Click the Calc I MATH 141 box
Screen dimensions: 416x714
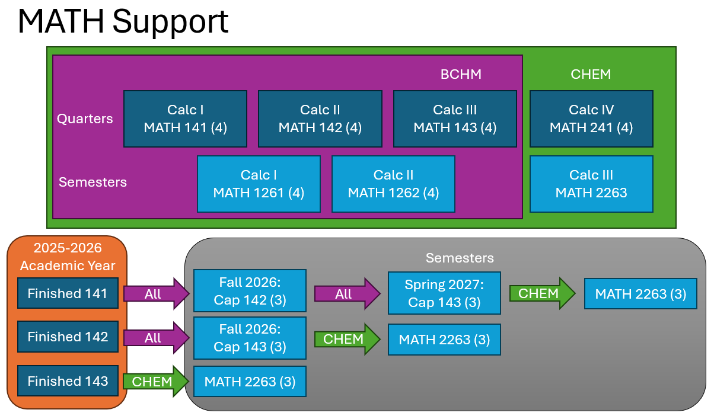(x=185, y=119)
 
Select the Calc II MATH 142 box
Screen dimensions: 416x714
(x=320, y=119)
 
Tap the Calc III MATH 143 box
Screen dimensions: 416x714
(x=455, y=119)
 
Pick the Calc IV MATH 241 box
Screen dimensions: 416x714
(x=591, y=119)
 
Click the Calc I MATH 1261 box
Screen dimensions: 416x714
(x=259, y=184)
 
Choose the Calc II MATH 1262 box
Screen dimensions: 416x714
(x=393, y=184)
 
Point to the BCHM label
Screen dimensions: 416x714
(x=461, y=74)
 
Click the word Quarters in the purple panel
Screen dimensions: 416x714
(x=85, y=119)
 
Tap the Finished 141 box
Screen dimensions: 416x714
(x=68, y=293)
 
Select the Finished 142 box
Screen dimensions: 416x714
(x=68, y=337)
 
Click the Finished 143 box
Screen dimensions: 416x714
(x=68, y=381)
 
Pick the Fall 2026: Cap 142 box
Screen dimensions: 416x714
(x=250, y=291)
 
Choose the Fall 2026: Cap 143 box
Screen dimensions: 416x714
(x=250, y=338)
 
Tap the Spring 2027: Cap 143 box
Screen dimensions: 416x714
(x=444, y=293)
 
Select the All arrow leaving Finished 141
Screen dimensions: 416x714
(x=155, y=293)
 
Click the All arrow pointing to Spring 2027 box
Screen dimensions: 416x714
(x=346, y=293)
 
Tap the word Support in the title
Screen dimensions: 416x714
(x=170, y=21)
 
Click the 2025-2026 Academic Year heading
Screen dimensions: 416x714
(x=68, y=256)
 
